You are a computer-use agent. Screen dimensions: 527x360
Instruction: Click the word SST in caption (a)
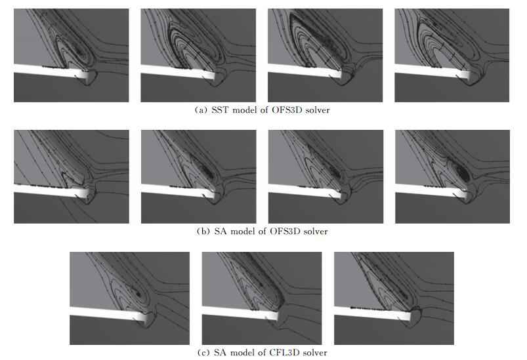(x=220, y=110)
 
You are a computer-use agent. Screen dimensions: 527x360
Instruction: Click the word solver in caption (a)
(x=318, y=110)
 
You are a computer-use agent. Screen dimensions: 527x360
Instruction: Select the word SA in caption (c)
(x=220, y=353)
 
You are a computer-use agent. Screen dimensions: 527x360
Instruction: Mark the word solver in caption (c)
(x=315, y=353)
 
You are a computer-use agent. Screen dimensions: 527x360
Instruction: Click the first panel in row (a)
(x=72, y=56)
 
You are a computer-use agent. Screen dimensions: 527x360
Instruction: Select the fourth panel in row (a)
(x=452, y=56)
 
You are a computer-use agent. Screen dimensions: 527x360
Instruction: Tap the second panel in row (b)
(x=199, y=176)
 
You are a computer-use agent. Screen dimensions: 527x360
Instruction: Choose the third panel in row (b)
(x=326, y=176)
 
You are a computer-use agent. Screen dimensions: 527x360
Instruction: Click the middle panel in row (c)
(x=262, y=298)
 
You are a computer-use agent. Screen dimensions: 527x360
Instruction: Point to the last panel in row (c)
(x=394, y=298)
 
